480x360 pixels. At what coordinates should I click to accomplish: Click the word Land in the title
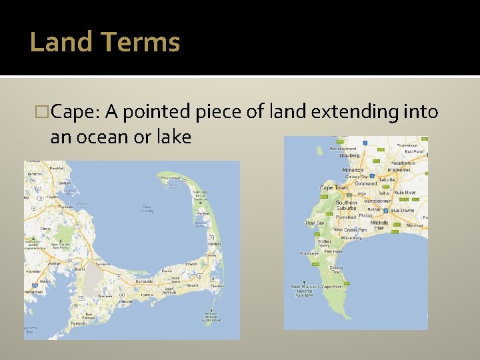pyautogui.click(x=61, y=42)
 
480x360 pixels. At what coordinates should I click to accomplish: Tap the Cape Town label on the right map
pyautogui.click(x=333, y=189)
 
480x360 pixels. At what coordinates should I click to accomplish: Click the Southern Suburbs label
pyautogui.click(x=347, y=205)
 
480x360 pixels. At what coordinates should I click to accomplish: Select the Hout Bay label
pyautogui.click(x=315, y=223)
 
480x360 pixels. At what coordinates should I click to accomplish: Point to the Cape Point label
pyautogui.click(x=331, y=287)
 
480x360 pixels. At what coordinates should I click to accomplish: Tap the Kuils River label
pyautogui.click(x=405, y=192)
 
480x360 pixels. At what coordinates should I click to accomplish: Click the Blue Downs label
pyautogui.click(x=403, y=211)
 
